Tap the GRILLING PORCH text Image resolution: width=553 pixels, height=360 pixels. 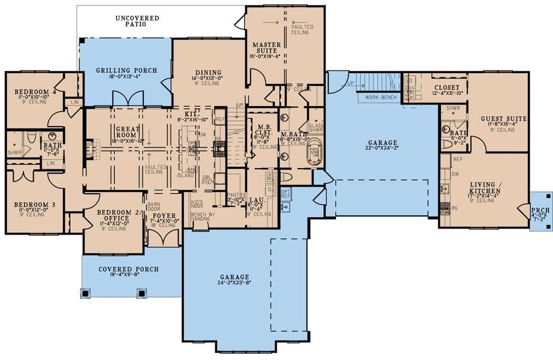[x=127, y=71]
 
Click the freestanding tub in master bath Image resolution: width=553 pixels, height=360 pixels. [x=315, y=153]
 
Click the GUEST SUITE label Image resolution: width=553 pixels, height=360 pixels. [x=504, y=119]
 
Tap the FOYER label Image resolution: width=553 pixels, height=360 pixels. [x=163, y=215]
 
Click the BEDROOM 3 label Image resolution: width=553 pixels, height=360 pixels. [x=35, y=205]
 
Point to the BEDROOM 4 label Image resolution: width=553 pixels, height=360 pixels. [x=35, y=92]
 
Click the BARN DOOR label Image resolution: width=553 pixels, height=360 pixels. [x=154, y=205]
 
